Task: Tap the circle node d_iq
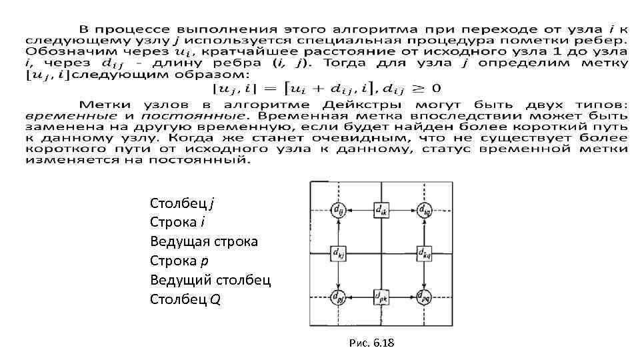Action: pyautogui.click(x=424, y=210)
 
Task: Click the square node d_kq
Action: pyautogui.click(x=424, y=253)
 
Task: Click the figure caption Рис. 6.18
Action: pyautogui.click(x=371, y=343)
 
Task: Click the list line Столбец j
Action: pyautogui.click(x=182, y=203)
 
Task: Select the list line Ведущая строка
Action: pyautogui.click(x=203, y=241)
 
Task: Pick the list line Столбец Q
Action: pyautogui.click(x=185, y=299)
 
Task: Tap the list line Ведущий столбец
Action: pyautogui.click(x=210, y=280)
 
